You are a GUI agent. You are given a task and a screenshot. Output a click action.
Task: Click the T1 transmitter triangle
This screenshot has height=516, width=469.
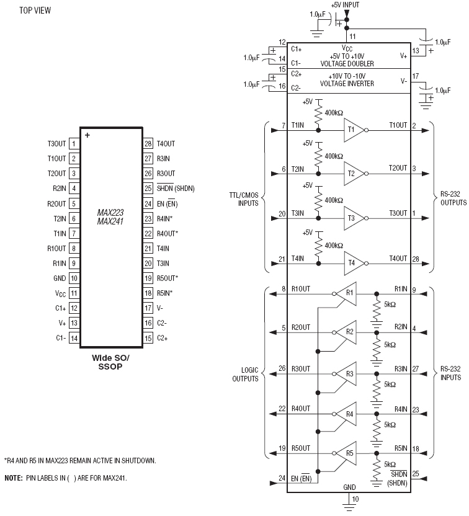354,130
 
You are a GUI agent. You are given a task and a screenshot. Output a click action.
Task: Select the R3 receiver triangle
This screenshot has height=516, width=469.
347,374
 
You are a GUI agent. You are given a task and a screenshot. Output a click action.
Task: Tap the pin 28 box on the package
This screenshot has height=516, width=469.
148,143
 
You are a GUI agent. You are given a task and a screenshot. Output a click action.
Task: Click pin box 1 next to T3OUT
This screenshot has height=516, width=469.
74,143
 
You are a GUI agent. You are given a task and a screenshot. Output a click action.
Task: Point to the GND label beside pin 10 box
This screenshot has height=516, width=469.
60,278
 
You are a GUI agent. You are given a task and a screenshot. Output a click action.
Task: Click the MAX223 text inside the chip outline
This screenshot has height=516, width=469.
110,212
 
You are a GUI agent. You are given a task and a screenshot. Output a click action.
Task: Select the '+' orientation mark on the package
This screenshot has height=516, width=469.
87,135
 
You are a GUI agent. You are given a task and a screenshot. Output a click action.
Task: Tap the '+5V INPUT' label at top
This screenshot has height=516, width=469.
345,5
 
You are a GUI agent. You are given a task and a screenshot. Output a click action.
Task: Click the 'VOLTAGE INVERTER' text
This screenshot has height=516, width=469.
347,84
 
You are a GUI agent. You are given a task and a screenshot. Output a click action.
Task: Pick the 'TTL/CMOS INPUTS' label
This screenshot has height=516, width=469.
244,199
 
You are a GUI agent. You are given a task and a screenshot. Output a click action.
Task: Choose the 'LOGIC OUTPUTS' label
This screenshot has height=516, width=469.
245,375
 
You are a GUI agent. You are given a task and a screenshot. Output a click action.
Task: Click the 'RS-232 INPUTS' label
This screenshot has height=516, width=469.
450,373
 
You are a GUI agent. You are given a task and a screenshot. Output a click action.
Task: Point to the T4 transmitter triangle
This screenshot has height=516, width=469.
354,263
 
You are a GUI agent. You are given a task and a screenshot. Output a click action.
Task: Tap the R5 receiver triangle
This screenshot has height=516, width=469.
347,453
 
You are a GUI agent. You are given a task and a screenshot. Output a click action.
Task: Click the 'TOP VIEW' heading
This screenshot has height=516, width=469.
35,11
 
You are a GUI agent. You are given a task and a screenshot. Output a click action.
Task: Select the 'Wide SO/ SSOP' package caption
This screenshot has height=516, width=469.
110,362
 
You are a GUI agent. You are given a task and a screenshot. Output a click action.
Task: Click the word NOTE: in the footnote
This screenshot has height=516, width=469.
14,478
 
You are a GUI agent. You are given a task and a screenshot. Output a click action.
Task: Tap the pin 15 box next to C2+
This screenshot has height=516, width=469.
148,338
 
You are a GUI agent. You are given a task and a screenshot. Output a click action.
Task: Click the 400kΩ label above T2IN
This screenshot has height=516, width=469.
334,156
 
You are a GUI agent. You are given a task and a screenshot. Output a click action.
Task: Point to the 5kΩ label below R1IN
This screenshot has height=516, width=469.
390,305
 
